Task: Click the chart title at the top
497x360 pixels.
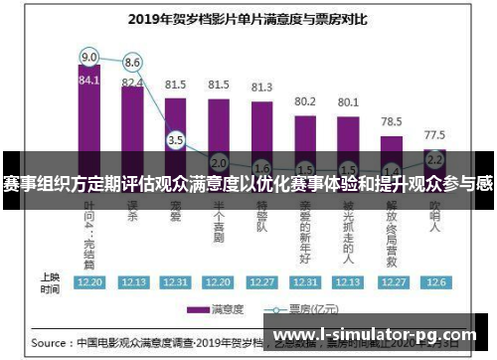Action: point(248,17)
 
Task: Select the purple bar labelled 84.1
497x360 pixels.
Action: point(88,109)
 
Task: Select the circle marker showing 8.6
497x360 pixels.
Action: point(132,63)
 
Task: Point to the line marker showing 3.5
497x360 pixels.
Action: point(176,140)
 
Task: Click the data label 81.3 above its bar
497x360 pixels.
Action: point(261,89)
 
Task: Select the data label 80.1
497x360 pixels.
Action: point(348,101)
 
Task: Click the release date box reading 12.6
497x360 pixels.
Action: point(434,281)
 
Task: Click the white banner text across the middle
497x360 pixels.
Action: point(248,184)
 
